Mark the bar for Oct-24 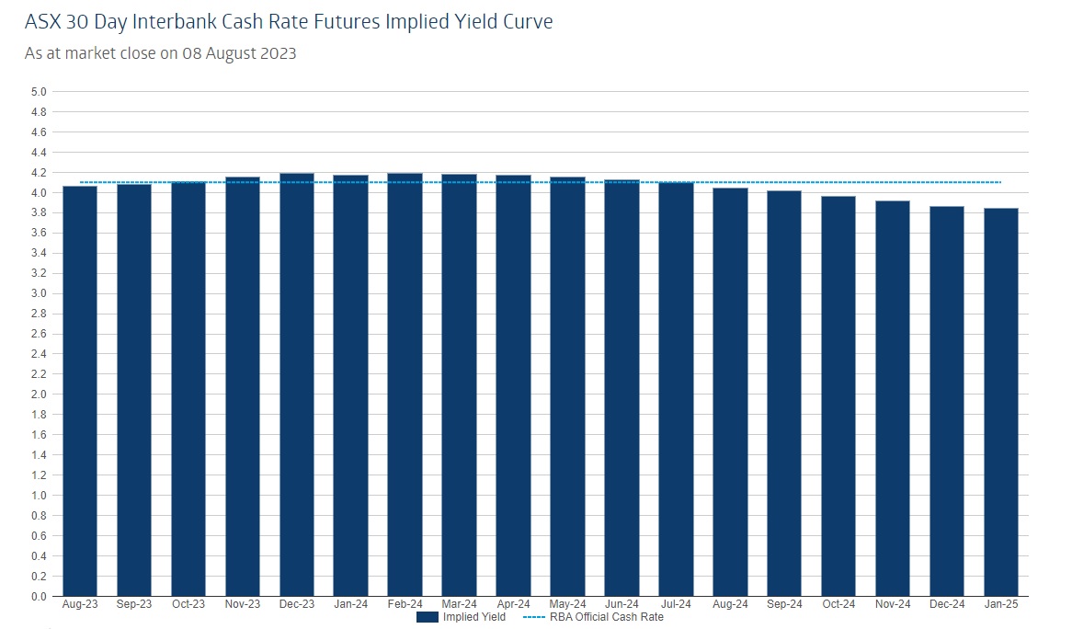[838, 396]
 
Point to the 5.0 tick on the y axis [38, 92]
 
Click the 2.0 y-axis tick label [38, 395]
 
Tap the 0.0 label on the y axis [38, 596]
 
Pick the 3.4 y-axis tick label [38, 253]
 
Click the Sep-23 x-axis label [134, 604]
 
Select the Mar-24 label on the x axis [460, 604]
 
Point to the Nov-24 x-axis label [893, 604]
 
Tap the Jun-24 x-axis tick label [622, 604]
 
